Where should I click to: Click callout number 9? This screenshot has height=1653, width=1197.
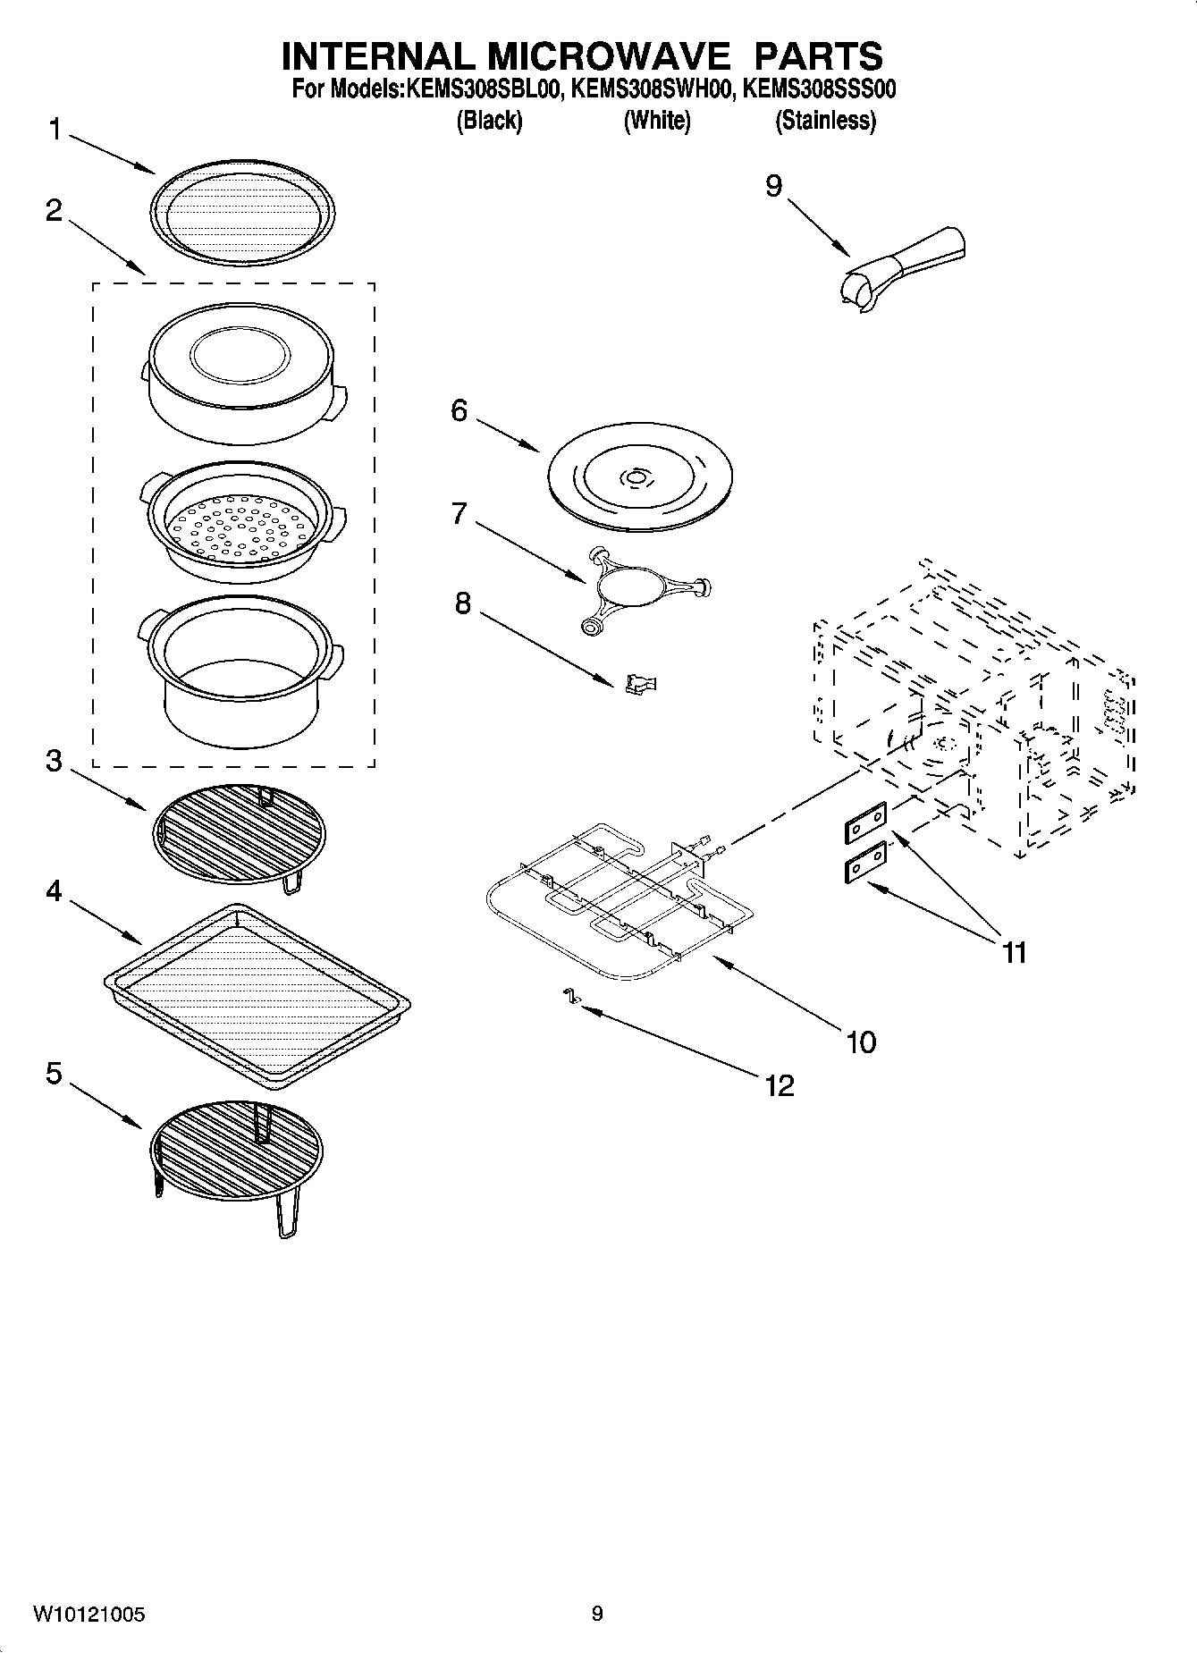pyautogui.click(x=773, y=186)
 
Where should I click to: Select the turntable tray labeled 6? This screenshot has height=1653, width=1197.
pyautogui.click(x=638, y=480)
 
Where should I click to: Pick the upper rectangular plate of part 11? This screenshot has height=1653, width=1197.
pyautogui.click(x=865, y=822)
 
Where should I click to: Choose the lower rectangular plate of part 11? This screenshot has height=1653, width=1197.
pyautogui.click(x=865, y=862)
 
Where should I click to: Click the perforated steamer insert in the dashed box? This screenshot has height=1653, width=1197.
pyautogui.click(x=241, y=526)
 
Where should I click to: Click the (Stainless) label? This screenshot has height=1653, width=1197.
pyautogui.click(x=824, y=120)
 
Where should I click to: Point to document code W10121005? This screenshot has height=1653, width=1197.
pyautogui.click(x=89, y=1615)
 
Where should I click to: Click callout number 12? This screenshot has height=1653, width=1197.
pyautogui.click(x=779, y=1085)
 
